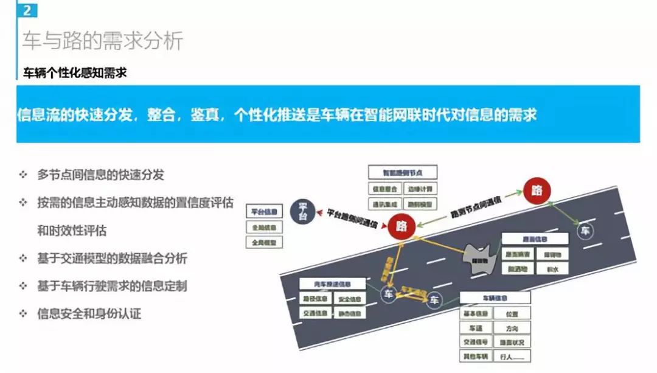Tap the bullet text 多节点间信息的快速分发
pyautogui.click(x=100, y=175)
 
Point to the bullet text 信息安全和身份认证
pyautogui.click(x=89, y=314)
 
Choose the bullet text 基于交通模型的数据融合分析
pyautogui.click(x=112, y=259)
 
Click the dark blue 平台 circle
pyautogui.click(x=302, y=211)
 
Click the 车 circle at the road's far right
pyautogui.click(x=585, y=231)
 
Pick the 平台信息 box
pyautogui.click(x=265, y=212)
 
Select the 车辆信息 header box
pyautogui.click(x=495, y=298)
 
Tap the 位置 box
pyautogui.click(x=512, y=314)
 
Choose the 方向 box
pyautogui.click(x=512, y=328)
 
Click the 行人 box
pyautogui.click(x=512, y=356)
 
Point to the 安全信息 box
pyautogui.click(x=350, y=299)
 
